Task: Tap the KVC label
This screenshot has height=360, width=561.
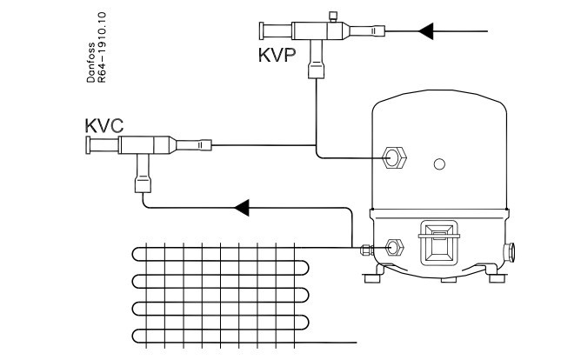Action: (104, 124)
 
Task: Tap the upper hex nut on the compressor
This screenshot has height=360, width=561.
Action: (393, 158)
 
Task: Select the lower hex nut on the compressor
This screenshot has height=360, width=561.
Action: (393, 247)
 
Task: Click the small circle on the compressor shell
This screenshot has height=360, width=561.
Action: (439, 164)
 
